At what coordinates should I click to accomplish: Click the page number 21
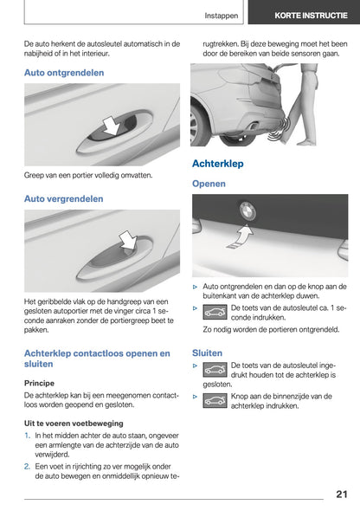click(x=341, y=494)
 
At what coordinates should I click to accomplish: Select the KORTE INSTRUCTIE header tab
click(x=304, y=16)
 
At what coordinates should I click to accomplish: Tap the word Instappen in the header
click(x=222, y=16)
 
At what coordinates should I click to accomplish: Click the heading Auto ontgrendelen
click(x=64, y=73)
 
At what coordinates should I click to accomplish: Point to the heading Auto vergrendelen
click(x=63, y=198)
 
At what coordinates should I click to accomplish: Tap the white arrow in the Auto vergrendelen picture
click(x=128, y=240)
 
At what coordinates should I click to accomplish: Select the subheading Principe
click(x=40, y=382)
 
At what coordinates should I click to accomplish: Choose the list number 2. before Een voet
click(x=29, y=465)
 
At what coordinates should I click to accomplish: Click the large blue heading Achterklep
click(x=217, y=163)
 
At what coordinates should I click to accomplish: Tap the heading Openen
click(x=209, y=184)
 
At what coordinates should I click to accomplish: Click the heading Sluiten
click(x=207, y=353)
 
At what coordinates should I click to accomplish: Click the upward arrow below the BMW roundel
click(x=245, y=233)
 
